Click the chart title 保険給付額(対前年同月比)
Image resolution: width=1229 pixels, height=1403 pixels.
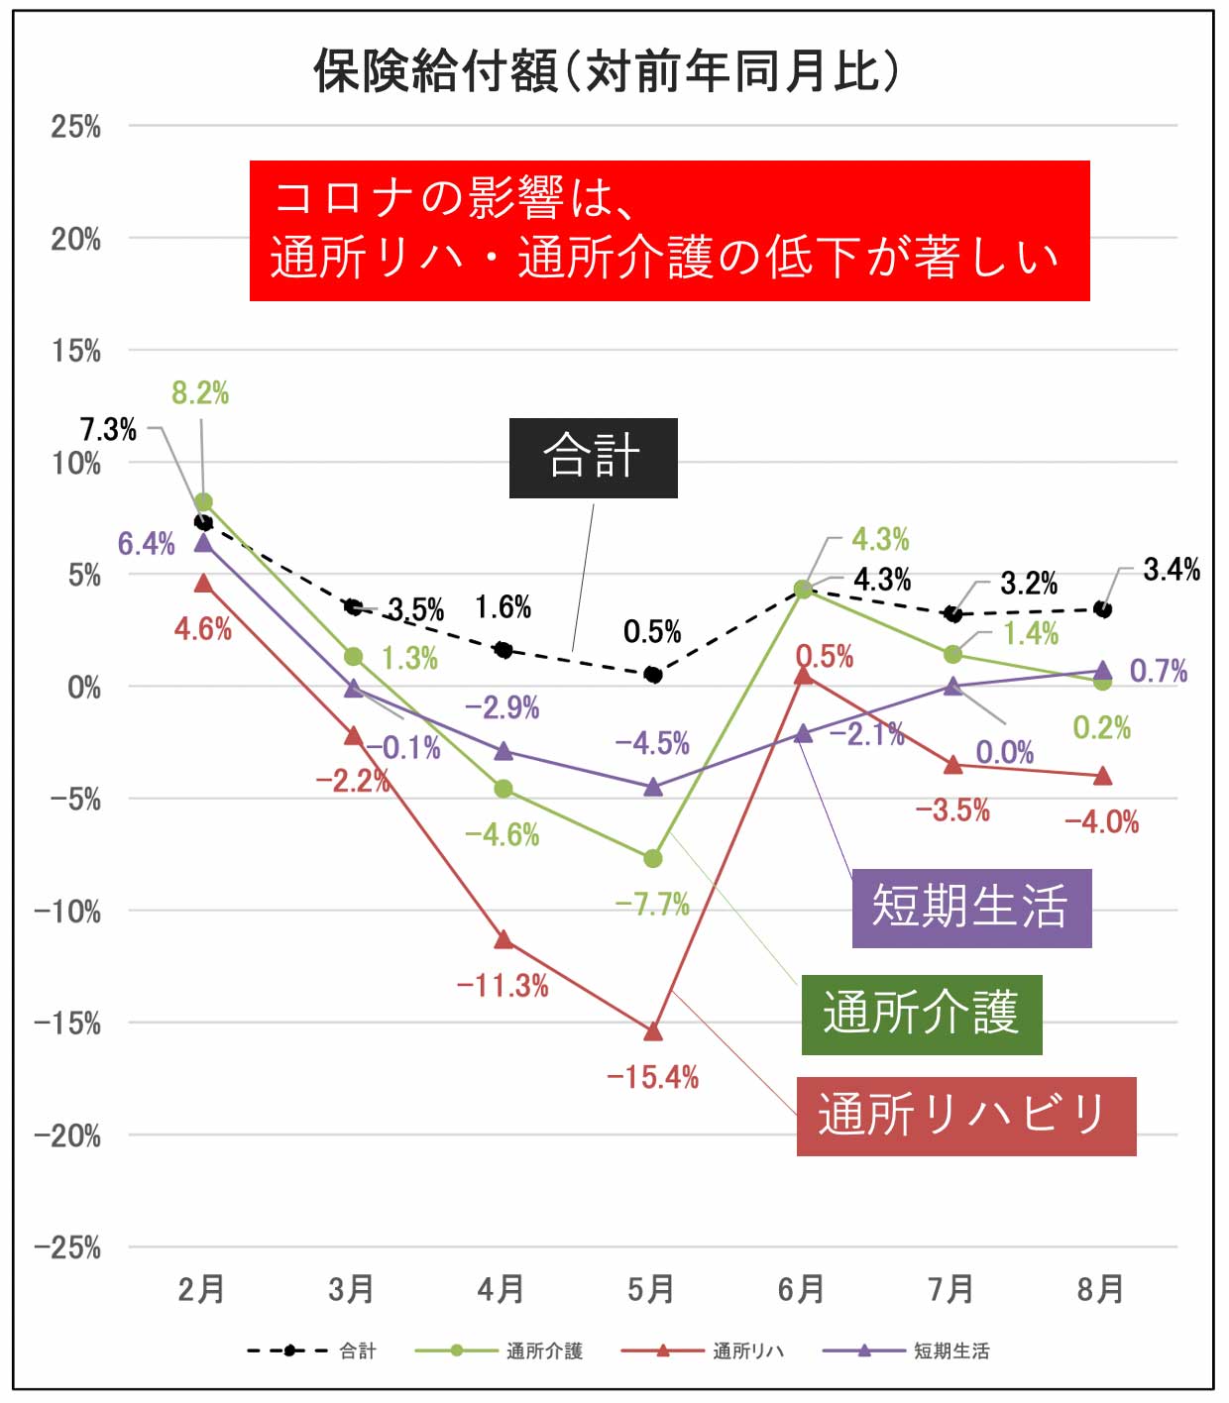pos(607,71)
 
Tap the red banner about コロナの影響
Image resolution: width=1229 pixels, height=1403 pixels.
pos(669,230)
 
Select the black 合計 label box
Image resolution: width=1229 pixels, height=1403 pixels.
pos(593,458)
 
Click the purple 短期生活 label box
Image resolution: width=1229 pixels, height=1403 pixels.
pos(971,908)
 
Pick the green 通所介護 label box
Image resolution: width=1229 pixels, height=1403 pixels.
pos(921,1014)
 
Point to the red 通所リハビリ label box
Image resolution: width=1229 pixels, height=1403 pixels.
pos(965,1116)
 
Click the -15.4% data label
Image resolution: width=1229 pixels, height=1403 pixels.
pos(653,1077)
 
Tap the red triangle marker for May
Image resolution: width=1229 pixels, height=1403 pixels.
pos(653,1031)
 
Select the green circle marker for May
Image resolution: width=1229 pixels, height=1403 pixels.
pos(653,858)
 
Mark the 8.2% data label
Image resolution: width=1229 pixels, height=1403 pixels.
pos(200,393)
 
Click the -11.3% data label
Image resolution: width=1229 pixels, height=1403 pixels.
pos(503,986)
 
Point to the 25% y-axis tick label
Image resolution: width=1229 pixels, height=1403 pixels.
pos(76,127)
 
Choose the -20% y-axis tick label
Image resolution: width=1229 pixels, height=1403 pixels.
pos(67,1135)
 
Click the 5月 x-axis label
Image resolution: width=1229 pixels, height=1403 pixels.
pos(651,1289)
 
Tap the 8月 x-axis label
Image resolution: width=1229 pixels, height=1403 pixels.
pos(1101,1289)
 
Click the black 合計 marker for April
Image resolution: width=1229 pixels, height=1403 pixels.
pos(503,650)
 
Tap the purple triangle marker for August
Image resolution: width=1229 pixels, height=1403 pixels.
pos(1102,671)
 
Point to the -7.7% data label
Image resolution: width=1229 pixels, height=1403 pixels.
pos(652,904)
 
